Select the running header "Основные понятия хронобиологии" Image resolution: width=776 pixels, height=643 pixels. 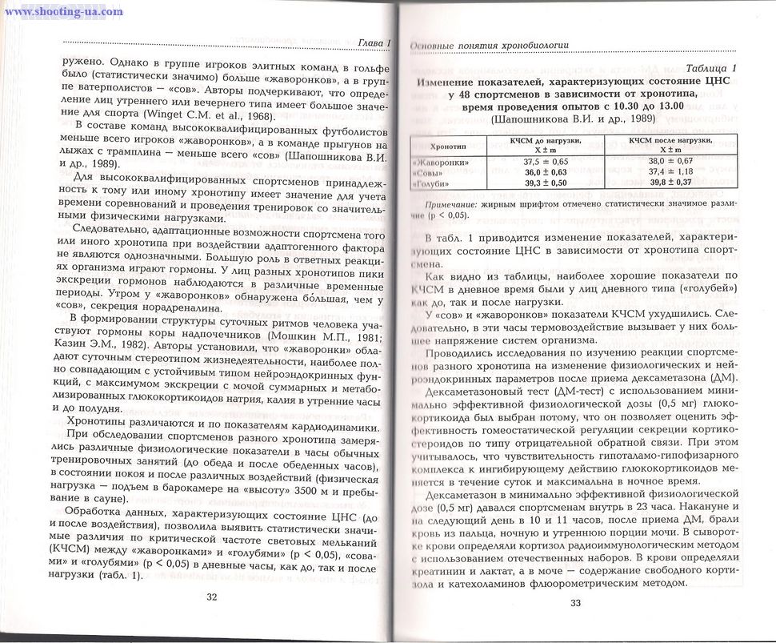click(x=489, y=46)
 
